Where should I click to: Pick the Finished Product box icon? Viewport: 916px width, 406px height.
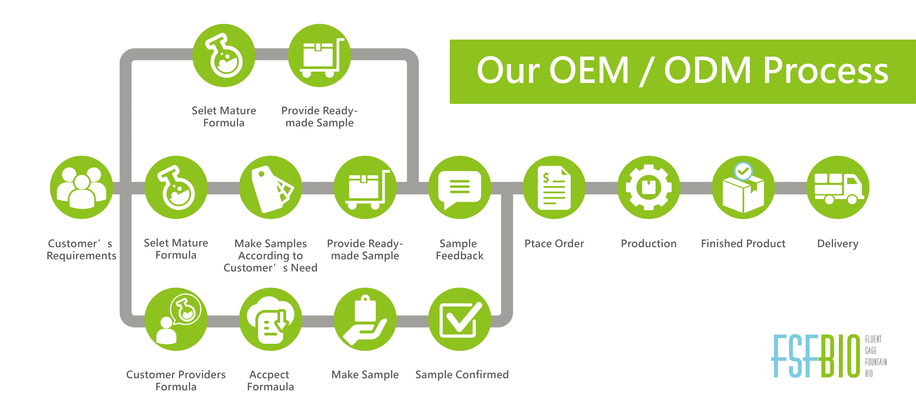pos(743,190)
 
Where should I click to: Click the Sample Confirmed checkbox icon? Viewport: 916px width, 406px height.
pos(459,319)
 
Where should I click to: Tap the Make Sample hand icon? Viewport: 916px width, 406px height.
pos(365,319)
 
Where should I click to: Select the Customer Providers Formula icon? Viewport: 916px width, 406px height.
pos(176,319)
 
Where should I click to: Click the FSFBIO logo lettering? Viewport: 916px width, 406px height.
pos(816,356)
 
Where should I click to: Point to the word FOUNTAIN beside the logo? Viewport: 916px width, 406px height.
pos(876,362)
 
